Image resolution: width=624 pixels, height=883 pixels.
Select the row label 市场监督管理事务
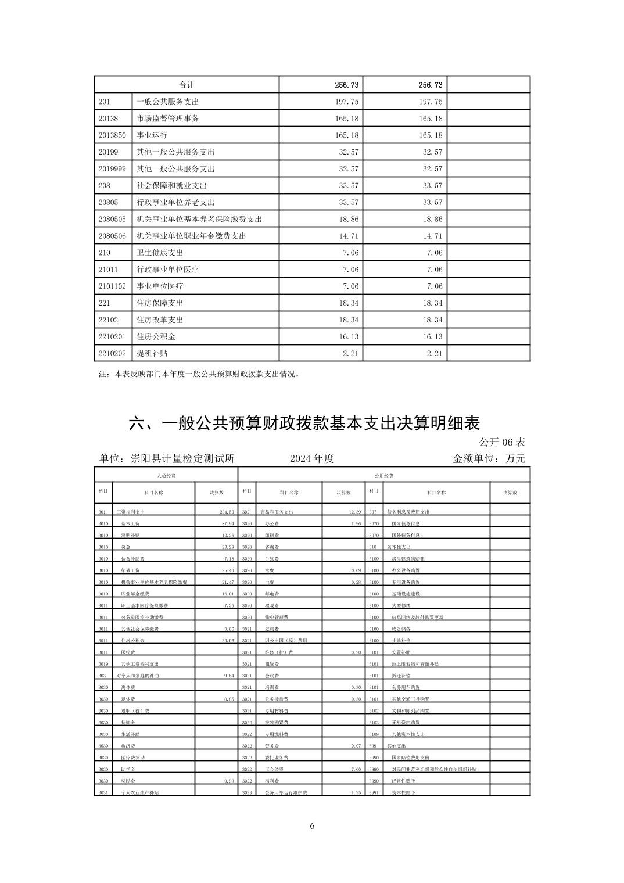tap(167, 119)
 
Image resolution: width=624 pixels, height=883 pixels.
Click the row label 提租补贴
tap(152, 353)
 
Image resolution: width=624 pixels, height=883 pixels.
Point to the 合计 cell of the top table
tap(187, 85)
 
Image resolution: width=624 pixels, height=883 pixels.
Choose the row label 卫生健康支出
tap(160, 253)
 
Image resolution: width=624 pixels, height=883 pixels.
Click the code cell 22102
tap(108, 320)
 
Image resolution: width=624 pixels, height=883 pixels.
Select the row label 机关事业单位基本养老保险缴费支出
tap(199, 219)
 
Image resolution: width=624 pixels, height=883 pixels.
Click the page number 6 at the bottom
tap(312, 826)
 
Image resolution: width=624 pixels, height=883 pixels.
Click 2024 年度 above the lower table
tap(312, 458)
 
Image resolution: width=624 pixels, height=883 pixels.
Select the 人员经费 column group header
tap(166, 476)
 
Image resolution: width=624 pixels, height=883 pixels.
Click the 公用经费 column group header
tap(384, 476)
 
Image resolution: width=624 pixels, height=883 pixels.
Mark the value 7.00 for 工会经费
tap(356, 769)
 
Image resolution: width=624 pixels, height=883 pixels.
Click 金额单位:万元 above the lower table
tap(489, 458)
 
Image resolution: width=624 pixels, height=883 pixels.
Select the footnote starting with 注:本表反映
tap(199, 375)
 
